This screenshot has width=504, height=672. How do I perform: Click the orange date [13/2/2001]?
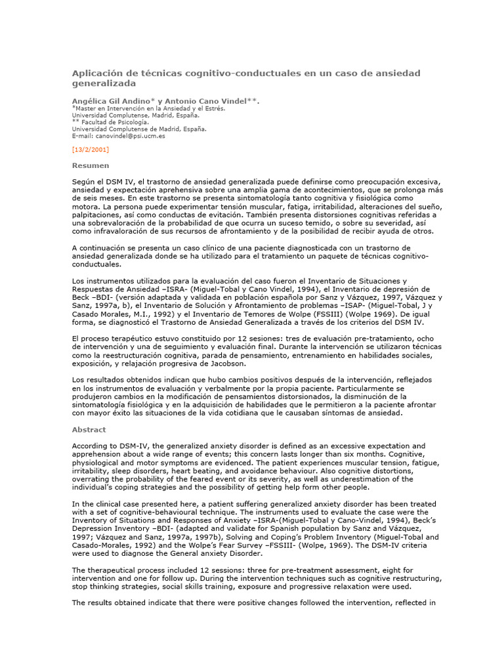91,150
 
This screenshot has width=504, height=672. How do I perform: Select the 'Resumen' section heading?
91,165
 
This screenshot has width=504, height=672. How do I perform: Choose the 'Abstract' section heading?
89,430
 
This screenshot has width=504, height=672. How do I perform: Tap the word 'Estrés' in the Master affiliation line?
211,109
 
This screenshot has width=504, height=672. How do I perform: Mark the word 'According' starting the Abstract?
90,446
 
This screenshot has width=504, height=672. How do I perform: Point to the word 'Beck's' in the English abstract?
429,520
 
